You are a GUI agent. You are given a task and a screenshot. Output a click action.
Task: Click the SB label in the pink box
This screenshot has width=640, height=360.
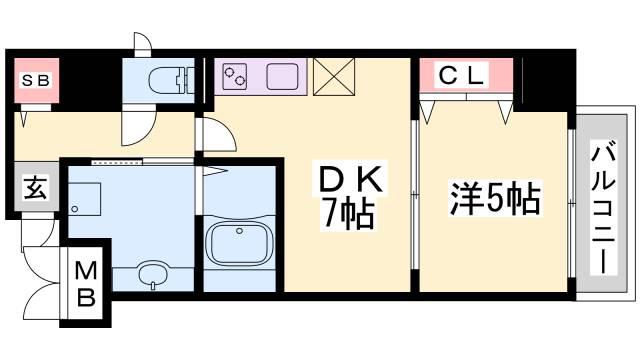tap(36, 80)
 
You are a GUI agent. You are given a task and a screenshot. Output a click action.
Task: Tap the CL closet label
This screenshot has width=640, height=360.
tap(462, 75)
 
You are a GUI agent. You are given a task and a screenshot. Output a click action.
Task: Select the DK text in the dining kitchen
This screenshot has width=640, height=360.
tap(351, 180)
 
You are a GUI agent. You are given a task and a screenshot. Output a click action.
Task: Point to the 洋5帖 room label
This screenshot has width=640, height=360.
tap(495, 199)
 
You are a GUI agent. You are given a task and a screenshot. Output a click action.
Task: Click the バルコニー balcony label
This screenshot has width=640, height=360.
tap(604, 207)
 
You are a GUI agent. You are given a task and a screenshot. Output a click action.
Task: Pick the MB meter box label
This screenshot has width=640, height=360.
tap(86, 284)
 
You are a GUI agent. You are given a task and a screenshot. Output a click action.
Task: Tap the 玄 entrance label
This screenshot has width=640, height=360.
tap(36, 187)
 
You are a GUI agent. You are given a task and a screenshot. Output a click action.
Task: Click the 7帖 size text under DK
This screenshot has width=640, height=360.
tap(348, 213)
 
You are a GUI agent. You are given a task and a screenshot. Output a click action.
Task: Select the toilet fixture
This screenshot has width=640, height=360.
tap(171, 80)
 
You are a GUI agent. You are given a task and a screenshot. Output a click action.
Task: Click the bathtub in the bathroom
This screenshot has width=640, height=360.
tap(239, 241)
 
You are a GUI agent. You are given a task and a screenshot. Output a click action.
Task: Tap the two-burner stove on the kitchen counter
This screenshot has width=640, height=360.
tap(235, 76)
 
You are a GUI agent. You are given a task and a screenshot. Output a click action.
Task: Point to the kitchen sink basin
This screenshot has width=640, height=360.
tap(282, 76)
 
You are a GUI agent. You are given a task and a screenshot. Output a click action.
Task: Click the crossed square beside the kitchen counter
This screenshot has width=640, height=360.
tap(334, 77)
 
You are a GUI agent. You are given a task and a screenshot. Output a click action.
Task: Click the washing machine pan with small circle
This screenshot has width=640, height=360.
tap(84, 199)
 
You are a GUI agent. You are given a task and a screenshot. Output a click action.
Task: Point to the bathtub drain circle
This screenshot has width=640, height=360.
tap(239, 231)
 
